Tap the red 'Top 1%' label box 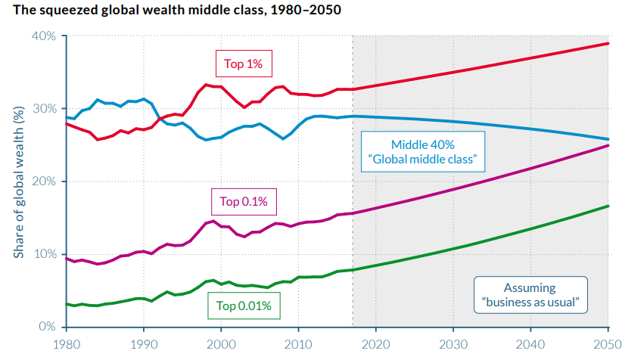tap(243, 64)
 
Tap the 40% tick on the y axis tap(43, 36)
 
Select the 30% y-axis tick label tap(43, 109)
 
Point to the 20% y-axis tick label tap(43, 182)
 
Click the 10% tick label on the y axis tap(43, 254)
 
